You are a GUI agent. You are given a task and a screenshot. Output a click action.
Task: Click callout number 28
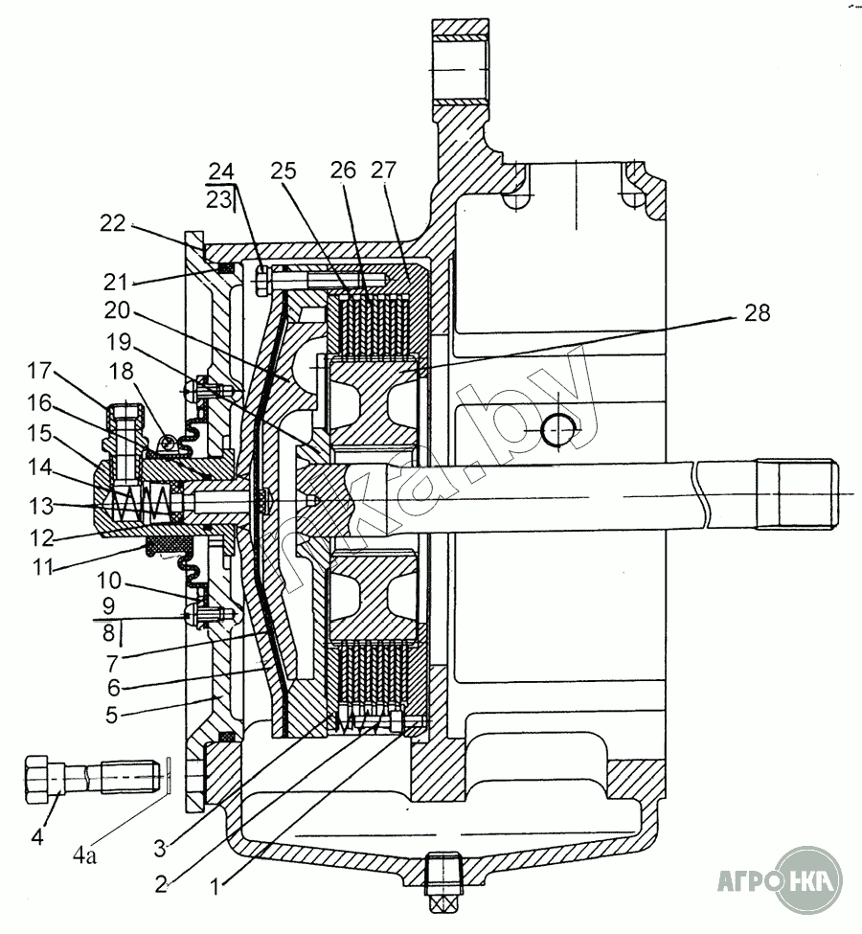point(757,312)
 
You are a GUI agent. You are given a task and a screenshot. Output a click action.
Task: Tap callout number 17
point(40,371)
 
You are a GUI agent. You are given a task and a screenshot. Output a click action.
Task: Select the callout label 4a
point(84,856)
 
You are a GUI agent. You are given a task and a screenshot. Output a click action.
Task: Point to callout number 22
point(113,224)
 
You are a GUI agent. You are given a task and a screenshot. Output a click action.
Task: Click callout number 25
point(284,171)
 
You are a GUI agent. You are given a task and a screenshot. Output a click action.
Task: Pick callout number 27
point(384,170)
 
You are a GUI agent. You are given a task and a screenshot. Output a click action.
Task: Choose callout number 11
point(43,566)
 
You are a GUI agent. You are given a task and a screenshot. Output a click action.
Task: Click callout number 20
point(117,310)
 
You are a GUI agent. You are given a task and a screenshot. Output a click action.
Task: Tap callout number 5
point(111,715)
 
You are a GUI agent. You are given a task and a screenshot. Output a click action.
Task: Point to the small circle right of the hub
point(557,429)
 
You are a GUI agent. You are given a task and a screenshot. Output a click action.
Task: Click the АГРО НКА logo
point(780,879)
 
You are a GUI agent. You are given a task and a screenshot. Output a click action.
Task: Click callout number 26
point(344,171)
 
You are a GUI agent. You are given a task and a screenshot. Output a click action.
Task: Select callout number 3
point(159,848)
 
